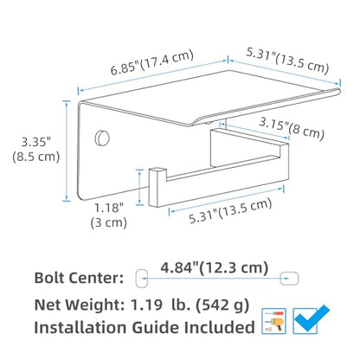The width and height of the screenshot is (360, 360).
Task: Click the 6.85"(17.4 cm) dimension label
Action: (152, 62)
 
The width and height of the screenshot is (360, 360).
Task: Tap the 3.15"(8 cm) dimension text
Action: (292, 128)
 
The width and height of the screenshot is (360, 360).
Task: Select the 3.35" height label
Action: (36, 142)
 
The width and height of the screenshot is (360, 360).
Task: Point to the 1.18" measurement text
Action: (109, 208)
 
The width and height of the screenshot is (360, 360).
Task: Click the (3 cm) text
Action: (109, 222)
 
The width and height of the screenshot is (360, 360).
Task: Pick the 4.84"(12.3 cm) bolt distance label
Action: (215, 268)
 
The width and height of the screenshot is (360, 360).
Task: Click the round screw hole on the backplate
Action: (102, 138)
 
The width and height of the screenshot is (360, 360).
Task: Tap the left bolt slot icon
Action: (142, 279)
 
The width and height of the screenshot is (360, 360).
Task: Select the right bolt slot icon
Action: (289, 279)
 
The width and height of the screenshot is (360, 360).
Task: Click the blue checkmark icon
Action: (311, 319)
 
